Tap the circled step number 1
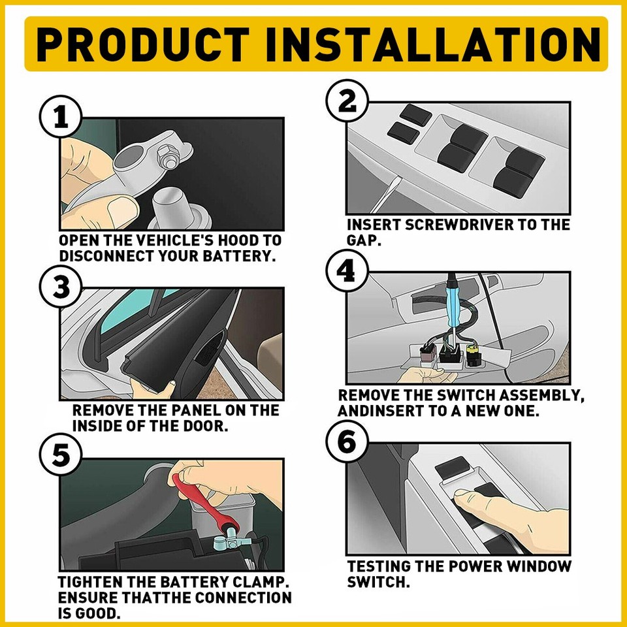point(61,119)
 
